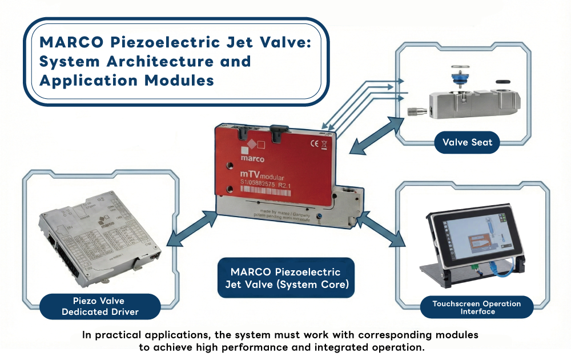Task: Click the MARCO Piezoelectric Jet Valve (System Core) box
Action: [x=285, y=278]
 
